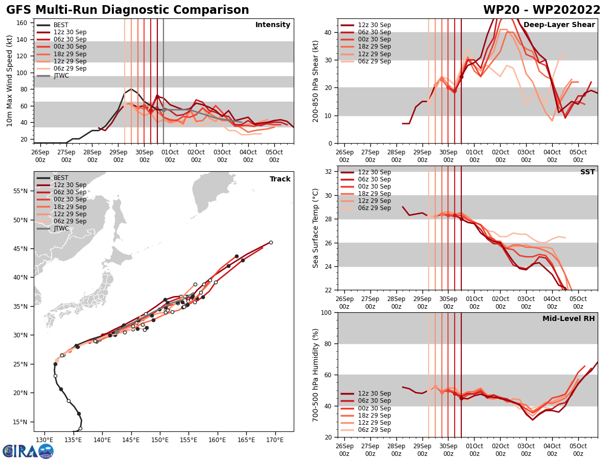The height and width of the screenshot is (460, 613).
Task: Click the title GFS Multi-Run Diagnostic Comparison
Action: [x=128, y=10]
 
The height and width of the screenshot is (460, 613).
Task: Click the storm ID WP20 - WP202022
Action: [x=541, y=10]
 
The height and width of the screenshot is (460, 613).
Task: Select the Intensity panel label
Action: [x=273, y=25]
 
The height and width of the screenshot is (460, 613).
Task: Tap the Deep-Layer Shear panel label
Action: [x=566, y=25]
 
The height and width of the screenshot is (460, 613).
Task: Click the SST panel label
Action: [x=587, y=172]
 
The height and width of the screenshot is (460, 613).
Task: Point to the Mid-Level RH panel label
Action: [x=569, y=319]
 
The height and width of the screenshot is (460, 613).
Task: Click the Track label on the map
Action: [x=280, y=179]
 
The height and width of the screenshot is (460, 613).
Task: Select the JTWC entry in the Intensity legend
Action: [x=61, y=76]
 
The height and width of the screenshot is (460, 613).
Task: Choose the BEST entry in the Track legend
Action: [x=61, y=178]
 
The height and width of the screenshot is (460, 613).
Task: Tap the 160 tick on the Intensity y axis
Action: [x=22, y=22]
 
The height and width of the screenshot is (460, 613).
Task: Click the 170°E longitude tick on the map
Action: [x=275, y=440]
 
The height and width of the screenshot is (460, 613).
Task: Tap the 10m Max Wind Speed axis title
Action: [x=9, y=81]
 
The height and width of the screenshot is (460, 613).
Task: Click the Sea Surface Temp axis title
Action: [x=316, y=228]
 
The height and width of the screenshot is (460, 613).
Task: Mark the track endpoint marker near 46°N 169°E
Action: [x=271, y=242]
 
